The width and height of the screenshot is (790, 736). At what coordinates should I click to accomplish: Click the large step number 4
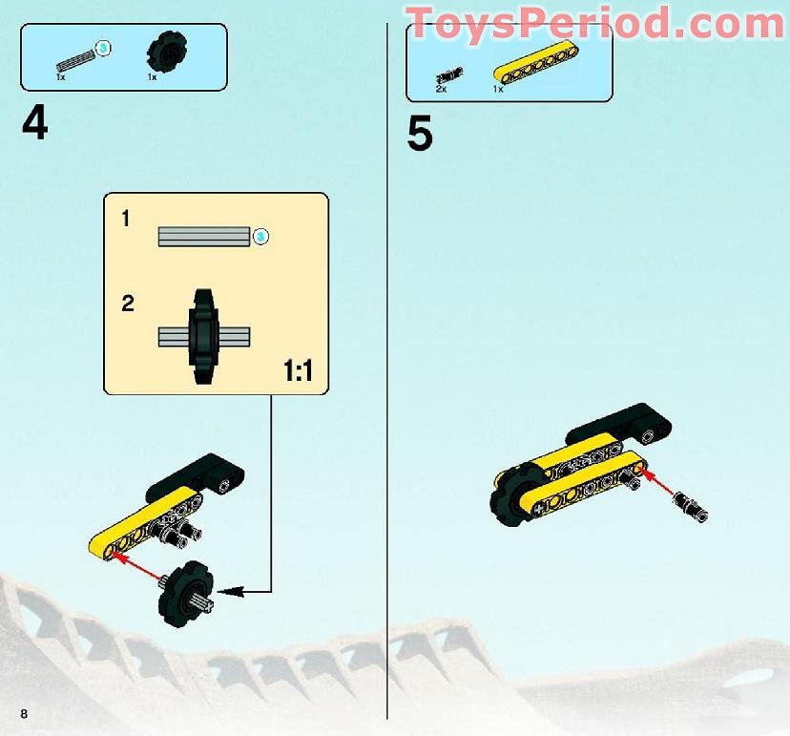(34, 123)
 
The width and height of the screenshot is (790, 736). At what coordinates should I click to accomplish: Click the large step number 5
(420, 135)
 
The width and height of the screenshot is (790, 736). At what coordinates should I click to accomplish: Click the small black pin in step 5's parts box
(447, 75)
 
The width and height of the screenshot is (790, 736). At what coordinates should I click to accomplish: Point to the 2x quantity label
(441, 89)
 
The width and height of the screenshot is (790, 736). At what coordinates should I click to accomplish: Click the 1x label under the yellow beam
(498, 89)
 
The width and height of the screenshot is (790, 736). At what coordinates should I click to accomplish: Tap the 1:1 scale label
(298, 371)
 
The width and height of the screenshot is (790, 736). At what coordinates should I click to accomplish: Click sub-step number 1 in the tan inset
(127, 220)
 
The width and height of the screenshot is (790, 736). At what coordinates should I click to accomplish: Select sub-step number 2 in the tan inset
(128, 305)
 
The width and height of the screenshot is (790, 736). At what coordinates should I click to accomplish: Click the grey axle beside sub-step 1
(203, 236)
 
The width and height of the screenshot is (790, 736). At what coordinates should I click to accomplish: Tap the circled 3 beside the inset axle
(260, 236)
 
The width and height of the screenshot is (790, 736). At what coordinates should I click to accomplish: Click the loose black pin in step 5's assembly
(692, 506)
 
